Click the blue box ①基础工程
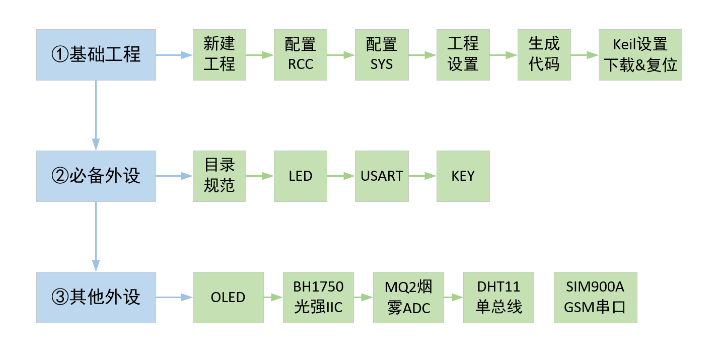coord(96,54)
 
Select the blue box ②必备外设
coord(96,176)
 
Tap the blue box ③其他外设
coord(96,297)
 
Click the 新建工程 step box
coord(219,54)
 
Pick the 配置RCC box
coord(300,54)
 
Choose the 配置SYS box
coord(381,54)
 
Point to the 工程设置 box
coord(463,54)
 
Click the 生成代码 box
coord(544,54)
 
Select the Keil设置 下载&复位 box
coord(640,54)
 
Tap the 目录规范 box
coord(219,176)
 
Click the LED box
coord(300,176)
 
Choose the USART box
coord(381,176)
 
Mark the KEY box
coord(463,176)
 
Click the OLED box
coord(228,297)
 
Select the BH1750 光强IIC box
coord(318,297)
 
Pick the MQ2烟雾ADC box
coord(408,297)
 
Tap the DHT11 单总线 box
coord(498,297)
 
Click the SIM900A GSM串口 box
coord(595,297)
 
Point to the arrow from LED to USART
coord(341,176)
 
